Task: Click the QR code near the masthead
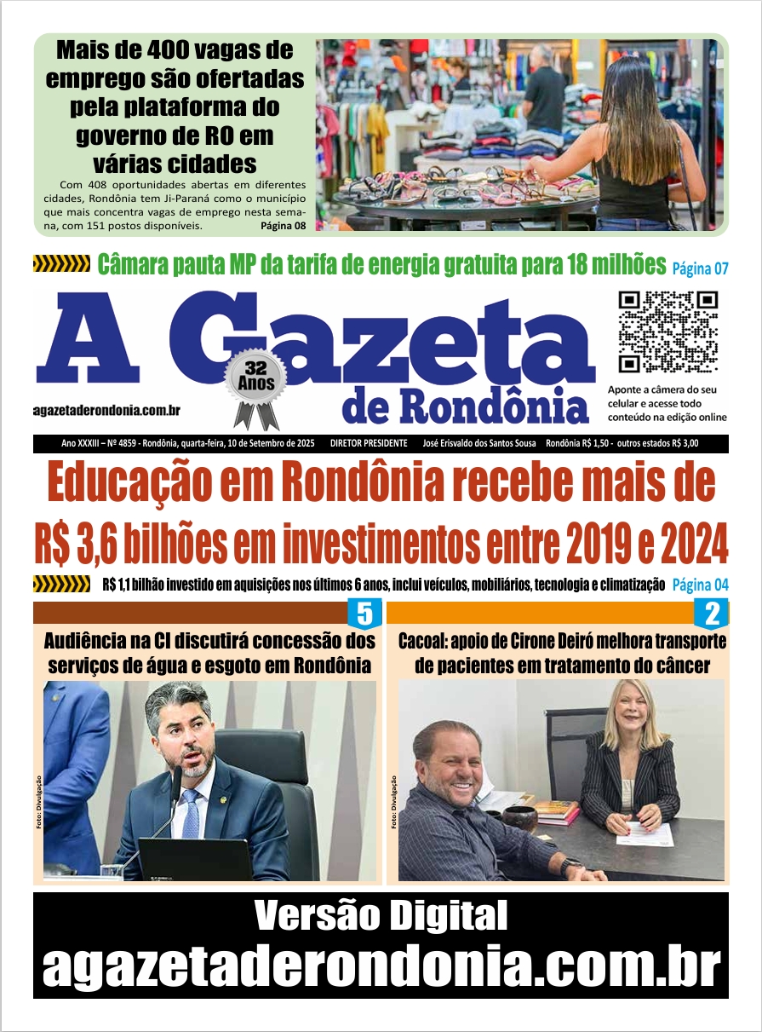click(x=668, y=332)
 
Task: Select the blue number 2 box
click(x=713, y=614)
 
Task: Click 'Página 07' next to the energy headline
click(x=700, y=268)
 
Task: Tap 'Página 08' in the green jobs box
click(x=283, y=227)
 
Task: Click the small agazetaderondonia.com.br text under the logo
click(x=106, y=410)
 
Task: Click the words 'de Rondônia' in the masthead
click(x=466, y=407)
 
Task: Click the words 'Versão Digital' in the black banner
click(x=381, y=916)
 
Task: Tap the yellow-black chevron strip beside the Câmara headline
click(x=61, y=264)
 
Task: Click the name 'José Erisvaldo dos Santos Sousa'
click(x=479, y=444)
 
